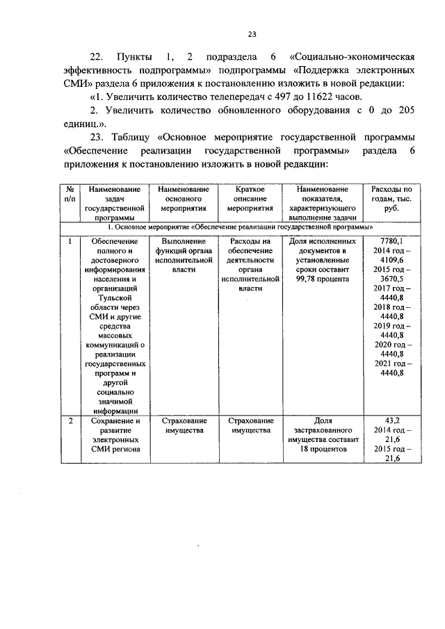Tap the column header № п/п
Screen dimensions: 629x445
tap(70, 194)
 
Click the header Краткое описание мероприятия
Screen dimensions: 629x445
tap(248, 198)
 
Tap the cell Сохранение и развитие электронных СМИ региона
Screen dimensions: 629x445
tap(113, 435)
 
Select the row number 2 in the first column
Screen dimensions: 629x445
tap(70, 420)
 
